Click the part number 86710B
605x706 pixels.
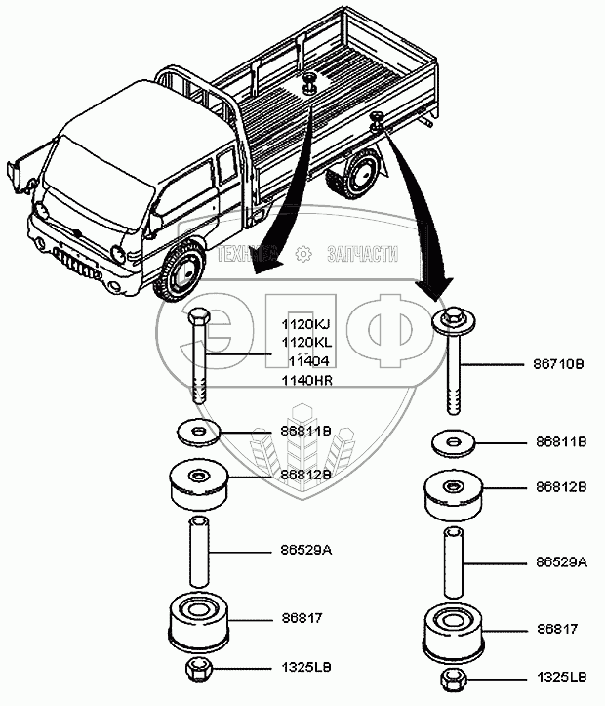click(559, 363)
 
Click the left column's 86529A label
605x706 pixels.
click(306, 551)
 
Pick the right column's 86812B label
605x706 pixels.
click(559, 486)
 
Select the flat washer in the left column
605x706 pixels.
click(197, 430)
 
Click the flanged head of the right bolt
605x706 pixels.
click(453, 321)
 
